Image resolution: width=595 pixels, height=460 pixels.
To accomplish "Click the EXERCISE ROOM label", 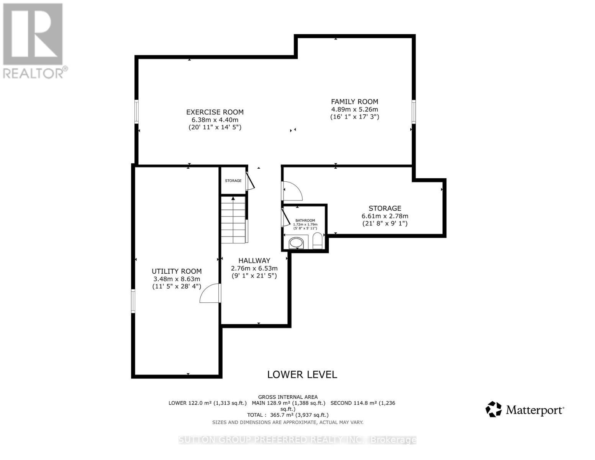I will click(x=215, y=112).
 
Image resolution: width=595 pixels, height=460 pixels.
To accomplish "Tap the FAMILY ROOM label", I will click(x=354, y=102).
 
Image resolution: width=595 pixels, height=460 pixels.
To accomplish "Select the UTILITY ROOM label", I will click(x=176, y=271).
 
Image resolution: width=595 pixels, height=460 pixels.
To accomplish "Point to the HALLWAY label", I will click(x=254, y=261).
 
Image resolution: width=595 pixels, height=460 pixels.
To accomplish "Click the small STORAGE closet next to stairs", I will click(x=233, y=181).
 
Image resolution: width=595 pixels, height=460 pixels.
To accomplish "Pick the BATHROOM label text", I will click(x=305, y=220).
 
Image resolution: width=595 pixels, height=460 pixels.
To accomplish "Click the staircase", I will click(x=233, y=219).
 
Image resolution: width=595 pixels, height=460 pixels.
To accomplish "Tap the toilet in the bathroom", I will click(x=318, y=241).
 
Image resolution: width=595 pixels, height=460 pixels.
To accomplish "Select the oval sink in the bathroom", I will click(x=296, y=242).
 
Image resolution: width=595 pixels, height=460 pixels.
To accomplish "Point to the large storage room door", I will click(x=292, y=191).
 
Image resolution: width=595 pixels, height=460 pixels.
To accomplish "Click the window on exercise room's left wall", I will click(x=136, y=112).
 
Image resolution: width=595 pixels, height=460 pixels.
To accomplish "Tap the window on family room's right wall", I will click(x=413, y=112).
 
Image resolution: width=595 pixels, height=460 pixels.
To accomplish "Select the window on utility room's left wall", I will click(x=133, y=301).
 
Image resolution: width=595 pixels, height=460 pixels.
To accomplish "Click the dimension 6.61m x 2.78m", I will click(x=385, y=216).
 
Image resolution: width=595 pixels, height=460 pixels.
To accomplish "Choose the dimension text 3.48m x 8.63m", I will click(x=176, y=279).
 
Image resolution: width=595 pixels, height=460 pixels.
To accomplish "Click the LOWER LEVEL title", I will click(x=302, y=375).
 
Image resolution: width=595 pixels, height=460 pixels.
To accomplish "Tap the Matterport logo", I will click(x=525, y=410).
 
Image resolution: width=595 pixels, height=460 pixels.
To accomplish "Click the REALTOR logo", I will click(x=34, y=40).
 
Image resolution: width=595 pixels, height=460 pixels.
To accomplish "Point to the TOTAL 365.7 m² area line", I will click(x=288, y=415).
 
